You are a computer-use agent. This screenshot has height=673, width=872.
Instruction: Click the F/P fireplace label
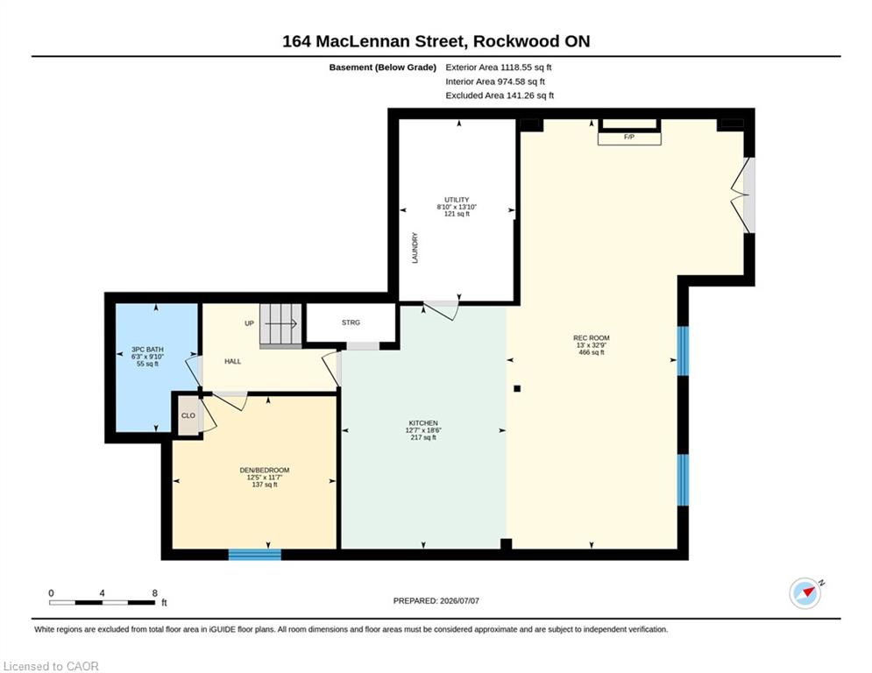click(x=629, y=137)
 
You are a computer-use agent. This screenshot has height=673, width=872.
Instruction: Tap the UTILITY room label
click(x=457, y=200)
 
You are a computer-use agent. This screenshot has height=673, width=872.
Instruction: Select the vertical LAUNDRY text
click(x=415, y=248)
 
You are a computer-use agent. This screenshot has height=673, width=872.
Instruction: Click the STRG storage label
click(x=351, y=322)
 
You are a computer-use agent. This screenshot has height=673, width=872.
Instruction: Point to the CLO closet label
click(x=188, y=415)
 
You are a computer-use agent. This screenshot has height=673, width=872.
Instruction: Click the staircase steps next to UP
click(x=280, y=325)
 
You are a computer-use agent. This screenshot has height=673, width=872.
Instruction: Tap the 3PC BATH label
click(x=147, y=350)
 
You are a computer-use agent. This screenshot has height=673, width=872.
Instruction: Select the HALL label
click(x=233, y=362)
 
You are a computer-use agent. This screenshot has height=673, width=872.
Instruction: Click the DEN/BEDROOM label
click(x=265, y=470)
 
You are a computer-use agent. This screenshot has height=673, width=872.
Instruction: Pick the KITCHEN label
click(x=423, y=423)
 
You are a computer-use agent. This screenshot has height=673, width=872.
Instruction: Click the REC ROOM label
click(x=592, y=338)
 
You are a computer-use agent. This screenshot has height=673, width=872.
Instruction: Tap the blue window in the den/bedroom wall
click(x=255, y=555)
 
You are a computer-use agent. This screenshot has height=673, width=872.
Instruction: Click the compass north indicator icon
click(x=805, y=593)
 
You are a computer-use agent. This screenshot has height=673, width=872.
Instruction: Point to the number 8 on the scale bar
click(x=154, y=593)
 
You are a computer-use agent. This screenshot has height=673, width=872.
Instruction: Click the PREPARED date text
click(x=436, y=600)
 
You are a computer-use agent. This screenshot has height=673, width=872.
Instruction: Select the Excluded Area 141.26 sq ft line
click(x=500, y=96)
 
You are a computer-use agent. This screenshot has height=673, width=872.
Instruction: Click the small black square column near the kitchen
click(x=517, y=389)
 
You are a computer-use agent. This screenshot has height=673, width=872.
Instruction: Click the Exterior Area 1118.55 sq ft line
click(x=499, y=67)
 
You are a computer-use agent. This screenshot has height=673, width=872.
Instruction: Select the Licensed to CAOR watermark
click(x=51, y=666)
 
